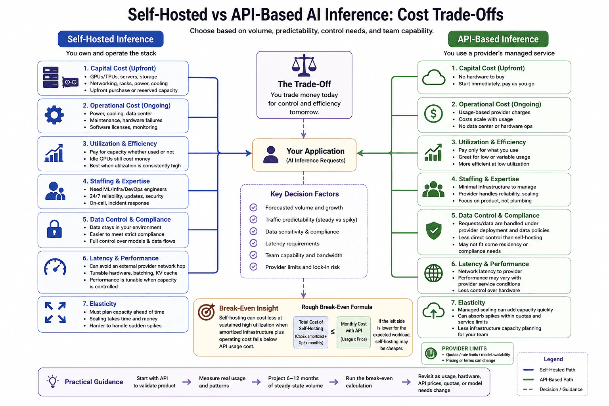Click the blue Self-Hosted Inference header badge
click(x=110, y=39)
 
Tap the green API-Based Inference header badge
click(x=498, y=39)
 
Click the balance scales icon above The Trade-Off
click(x=304, y=65)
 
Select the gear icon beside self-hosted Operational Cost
click(x=54, y=115)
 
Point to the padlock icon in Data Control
click(x=54, y=229)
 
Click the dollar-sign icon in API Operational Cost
click(x=433, y=114)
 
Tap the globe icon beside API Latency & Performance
click(x=433, y=273)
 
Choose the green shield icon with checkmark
click(x=434, y=230)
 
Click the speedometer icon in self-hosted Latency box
click(x=55, y=267)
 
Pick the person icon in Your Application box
click(x=271, y=155)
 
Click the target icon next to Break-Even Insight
click(x=206, y=312)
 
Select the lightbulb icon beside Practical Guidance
click(x=53, y=381)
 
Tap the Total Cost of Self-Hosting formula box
click(x=311, y=332)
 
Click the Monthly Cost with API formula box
click(x=354, y=332)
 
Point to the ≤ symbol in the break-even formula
click(x=333, y=332)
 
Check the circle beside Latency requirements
click(x=253, y=243)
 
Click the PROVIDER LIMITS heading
click(x=464, y=349)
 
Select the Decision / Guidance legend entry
click(x=553, y=389)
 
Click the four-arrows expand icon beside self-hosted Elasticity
click(x=55, y=312)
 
